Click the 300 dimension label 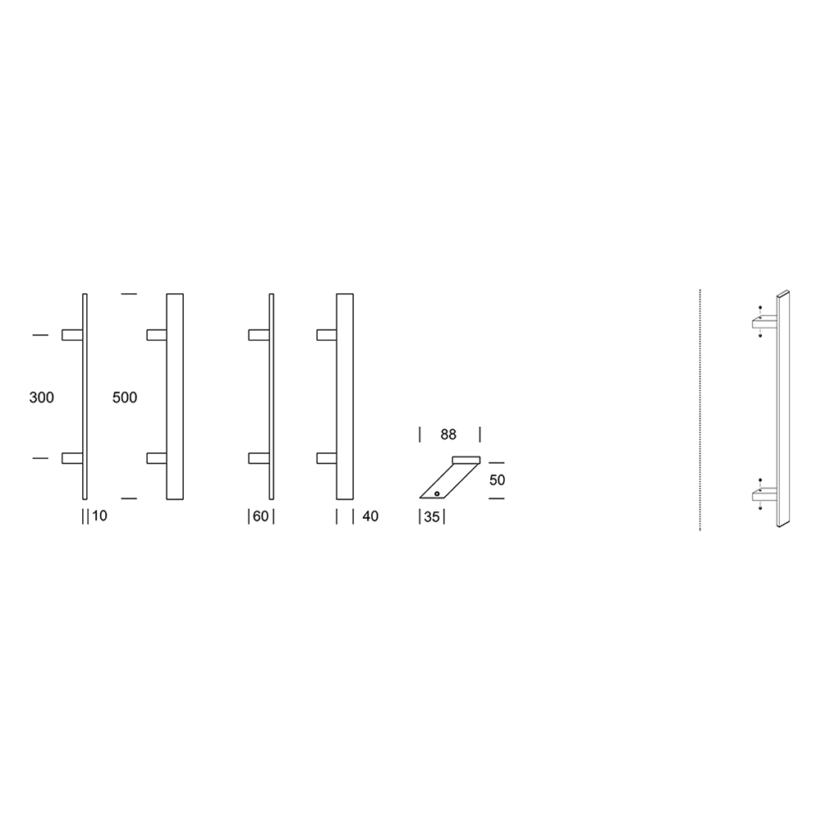41,397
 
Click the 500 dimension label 125,397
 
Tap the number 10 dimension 99,516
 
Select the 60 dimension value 261,516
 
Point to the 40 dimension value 370,516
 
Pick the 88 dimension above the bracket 448,434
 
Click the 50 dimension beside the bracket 497,479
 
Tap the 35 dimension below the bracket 432,516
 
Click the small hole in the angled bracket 437,493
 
